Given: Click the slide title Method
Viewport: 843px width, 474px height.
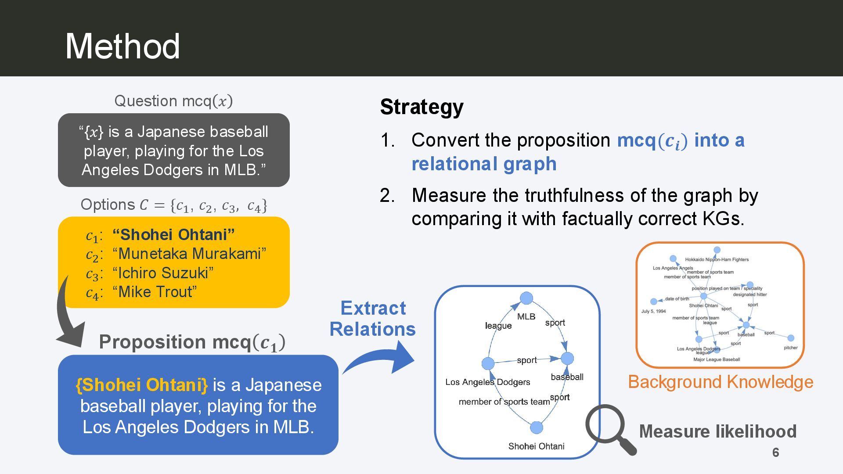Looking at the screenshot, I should (x=122, y=46).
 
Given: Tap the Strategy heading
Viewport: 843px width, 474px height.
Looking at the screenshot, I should (x=421, y=107).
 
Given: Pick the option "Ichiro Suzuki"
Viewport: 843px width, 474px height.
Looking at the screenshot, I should (x=163, y=273).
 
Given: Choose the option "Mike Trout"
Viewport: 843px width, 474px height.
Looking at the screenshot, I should (x=155, y=291).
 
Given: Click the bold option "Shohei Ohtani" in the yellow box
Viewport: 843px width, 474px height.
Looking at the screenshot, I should (x=173, y=234).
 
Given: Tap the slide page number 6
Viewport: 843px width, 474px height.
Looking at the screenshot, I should (x=775, y=452).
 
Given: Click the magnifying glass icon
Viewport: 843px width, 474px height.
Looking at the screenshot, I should (x=609, y=428).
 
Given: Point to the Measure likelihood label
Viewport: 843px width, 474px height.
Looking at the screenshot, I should (x=717, y=431).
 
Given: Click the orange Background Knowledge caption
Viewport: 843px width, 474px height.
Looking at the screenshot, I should (x=721, y=382).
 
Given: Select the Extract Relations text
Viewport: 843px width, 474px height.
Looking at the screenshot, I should (x=373, y=319).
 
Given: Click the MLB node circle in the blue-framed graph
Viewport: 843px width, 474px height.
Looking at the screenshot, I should (x=526, y=298).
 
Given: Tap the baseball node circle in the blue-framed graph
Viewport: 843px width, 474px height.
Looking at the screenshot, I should (x=567, y=359).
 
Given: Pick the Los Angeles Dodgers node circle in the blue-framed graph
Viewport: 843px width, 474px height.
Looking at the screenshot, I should (x=488, y=363).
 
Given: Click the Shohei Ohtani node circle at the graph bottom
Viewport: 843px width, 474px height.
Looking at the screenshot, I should (x=537, y=427).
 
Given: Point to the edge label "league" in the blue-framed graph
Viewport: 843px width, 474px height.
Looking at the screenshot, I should (x=498, y=326).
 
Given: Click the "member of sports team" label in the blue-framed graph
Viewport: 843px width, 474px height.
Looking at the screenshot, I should (x=504, y=402).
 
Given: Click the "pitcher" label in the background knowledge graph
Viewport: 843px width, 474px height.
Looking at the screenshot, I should (x=790, y=348).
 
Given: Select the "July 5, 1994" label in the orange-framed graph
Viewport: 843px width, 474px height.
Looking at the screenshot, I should (x=653, y=311).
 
